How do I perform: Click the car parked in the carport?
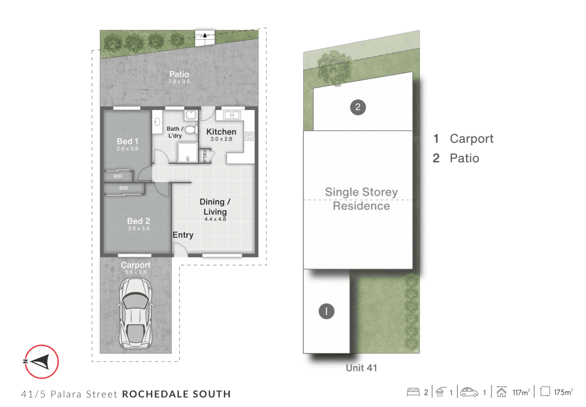tap(135, 313)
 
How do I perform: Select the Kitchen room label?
tap(221, 132)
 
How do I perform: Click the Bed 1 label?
tap(127, 141)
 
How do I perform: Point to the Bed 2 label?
tap(138, 221)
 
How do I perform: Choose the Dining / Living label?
tap(215, 206)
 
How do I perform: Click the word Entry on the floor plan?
tap(183, 235)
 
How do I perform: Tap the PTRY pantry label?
tap(205, 156)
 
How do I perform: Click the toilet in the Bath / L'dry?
tap(191, 130)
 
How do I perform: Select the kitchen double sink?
tap(232, 115)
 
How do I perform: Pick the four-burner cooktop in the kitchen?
tap(250, 136)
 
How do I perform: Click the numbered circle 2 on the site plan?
tap(358, 107)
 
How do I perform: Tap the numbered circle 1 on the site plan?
tap(326, 311)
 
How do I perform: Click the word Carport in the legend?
tap(471, 139)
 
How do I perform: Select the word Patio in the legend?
tap(464, 158)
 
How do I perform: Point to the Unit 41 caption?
tap(361, 368)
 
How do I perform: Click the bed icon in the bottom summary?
tap(413, 392)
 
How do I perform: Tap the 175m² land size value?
tap(563, 392)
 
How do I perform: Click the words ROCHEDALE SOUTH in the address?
tap(176, 394)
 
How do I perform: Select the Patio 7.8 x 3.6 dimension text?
tap(179, 82)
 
